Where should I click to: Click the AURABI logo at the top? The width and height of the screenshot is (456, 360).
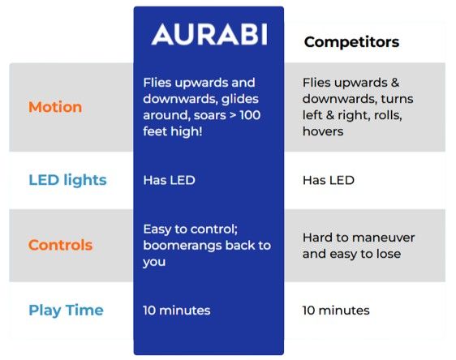pos(209,34)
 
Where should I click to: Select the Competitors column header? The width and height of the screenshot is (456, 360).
pos(351,42)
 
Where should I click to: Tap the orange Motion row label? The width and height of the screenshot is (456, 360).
pos(54,107)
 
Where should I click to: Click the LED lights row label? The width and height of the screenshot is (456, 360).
pos(67,180)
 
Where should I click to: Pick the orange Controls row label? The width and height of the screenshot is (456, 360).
pos(60,245)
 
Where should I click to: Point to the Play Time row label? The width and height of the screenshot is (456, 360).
pos(66,310)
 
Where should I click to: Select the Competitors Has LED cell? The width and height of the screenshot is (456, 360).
pos(328,180)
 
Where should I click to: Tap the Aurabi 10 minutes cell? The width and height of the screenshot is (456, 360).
pos(176,310)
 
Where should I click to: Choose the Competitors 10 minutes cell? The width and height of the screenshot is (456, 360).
pos(336,310)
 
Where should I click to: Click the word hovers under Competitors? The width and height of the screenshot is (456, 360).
pos(323,131)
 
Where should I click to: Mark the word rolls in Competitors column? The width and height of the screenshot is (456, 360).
pos(386,115)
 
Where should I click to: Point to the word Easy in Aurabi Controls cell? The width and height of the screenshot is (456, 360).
pos(157,229)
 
